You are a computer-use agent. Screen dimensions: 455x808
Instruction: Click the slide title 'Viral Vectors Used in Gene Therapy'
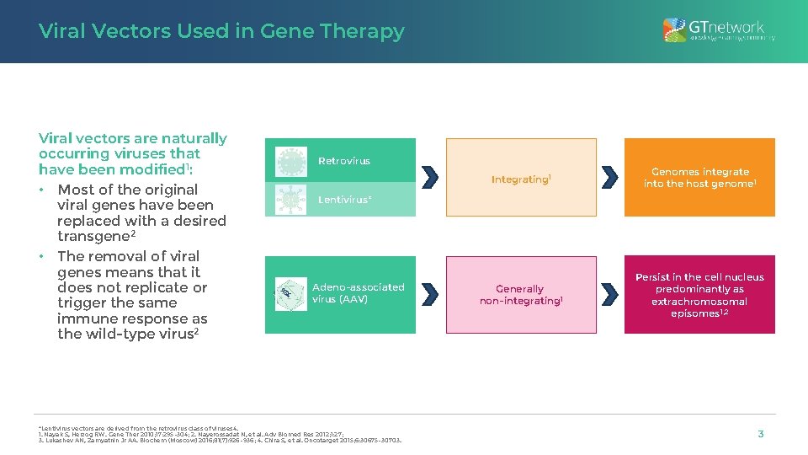click(x=221, y=31)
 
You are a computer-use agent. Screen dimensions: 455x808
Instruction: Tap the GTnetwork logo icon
click(x=674, y=30)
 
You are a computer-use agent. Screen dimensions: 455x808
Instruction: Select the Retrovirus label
click(x=343, y=161)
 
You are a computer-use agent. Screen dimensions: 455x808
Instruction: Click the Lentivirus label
click(x=344, y=200)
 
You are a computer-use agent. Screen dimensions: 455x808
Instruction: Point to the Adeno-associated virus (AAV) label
click(x=358, y=293)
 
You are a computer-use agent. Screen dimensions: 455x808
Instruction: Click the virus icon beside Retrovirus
click(x=290, y=160)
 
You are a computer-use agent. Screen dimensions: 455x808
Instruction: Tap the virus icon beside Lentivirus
click(x=290, y=199)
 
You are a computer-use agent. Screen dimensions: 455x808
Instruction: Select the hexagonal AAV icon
click(x=290, y=294)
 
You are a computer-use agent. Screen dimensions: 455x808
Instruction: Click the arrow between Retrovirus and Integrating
click(x=430, y=178)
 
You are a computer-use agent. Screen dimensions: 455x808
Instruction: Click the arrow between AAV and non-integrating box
click(x=430, y=294)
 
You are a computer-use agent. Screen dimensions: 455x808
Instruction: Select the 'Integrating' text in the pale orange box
click(x=520, y=179)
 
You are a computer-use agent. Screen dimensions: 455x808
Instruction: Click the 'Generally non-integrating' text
click(x=520, y=295)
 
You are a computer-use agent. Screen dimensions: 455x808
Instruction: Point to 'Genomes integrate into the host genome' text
click(x=699, y=178)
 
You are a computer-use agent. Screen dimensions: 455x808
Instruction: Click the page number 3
click(x=761, y=434)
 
